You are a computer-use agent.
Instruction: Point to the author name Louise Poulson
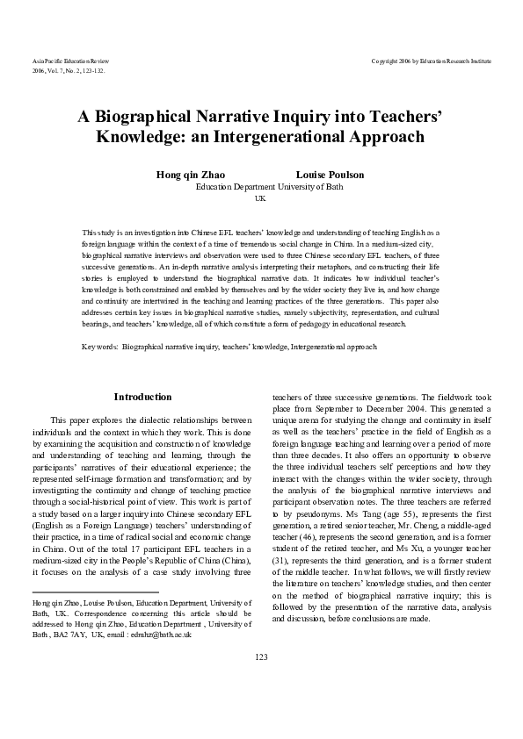point(330,175)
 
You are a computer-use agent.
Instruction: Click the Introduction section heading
point(143,398)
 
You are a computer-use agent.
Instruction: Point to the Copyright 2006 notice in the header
point(431,61)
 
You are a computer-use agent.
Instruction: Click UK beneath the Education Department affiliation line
point(260,199)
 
